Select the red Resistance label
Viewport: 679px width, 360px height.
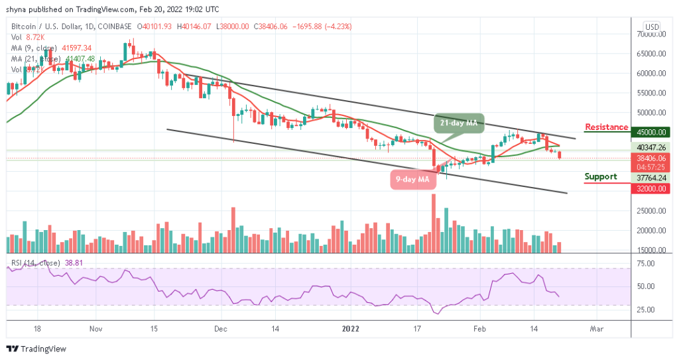(606, 127)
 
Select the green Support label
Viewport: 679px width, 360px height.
(601, 176)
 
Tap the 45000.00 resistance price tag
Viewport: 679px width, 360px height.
(651, 132)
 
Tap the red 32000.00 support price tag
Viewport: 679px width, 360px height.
(651, 188)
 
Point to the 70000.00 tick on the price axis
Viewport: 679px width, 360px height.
(651, 34)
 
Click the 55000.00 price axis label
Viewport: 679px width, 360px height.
(651, 93)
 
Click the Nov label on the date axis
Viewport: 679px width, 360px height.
(95, 328)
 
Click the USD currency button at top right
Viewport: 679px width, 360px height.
(652, 27)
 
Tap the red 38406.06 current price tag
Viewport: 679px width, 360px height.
(651, 158)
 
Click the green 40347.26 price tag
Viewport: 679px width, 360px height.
(651, 147)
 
